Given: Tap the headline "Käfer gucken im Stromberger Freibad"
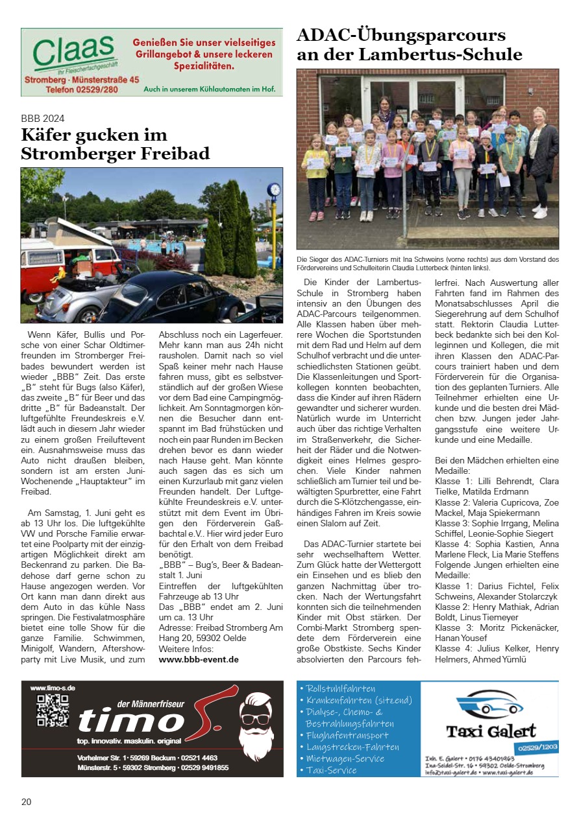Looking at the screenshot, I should [115, 145].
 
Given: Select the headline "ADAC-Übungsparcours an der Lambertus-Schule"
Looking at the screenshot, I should [409, 45].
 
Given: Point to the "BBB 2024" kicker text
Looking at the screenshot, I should [43, 119].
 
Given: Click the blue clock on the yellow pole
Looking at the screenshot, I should [274, 189].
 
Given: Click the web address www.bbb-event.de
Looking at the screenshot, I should [199, 659].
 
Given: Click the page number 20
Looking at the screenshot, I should [26, 802].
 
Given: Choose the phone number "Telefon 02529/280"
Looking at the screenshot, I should [72, 89].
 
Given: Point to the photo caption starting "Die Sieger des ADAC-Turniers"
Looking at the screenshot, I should [427, 263].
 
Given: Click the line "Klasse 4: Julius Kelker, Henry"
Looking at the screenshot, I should [497, 648].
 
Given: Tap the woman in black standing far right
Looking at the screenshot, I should [542, 162].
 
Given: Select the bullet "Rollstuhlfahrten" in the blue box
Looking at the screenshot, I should [341, 688].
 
